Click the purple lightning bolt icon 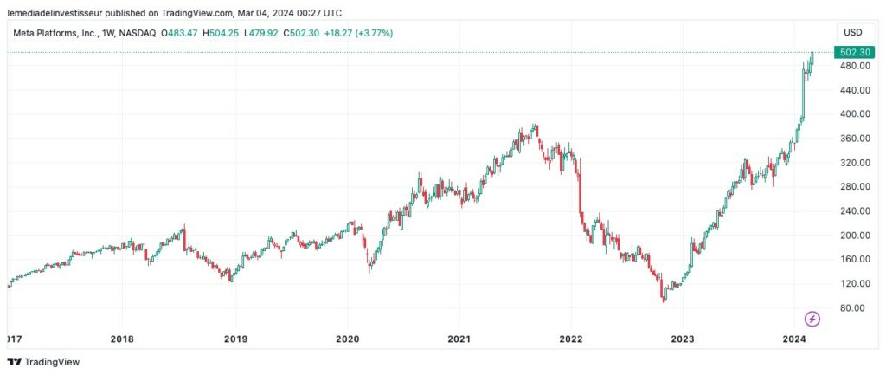[812, 319]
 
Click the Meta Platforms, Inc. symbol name [73, 33]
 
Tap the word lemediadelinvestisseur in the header [53, 13]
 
